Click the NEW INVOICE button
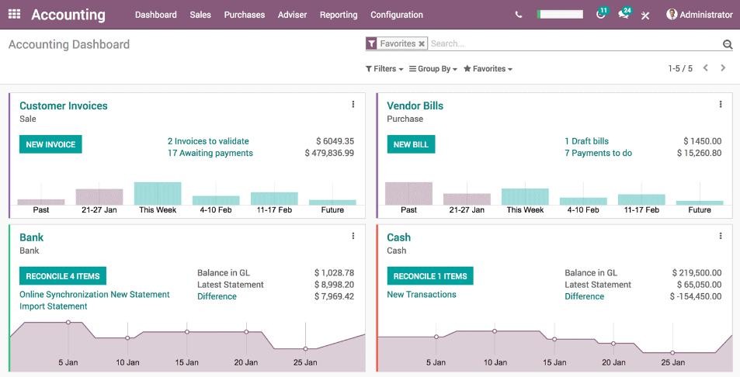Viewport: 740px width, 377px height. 50,144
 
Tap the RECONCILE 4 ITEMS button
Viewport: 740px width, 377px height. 63,276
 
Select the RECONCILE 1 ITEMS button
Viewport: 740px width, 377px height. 430,276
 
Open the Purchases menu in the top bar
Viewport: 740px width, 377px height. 245,15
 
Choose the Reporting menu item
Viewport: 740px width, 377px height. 339,15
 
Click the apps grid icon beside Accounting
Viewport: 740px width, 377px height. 15,15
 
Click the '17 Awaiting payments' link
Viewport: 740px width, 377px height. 210,154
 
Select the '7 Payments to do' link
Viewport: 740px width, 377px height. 598,154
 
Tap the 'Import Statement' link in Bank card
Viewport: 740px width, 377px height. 54,306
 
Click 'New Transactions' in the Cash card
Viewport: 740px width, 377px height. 422,295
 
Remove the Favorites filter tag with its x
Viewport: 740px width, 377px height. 422,44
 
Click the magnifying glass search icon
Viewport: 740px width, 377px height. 728,45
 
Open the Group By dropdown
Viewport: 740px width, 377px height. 433,69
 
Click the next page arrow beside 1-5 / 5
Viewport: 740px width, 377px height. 723,68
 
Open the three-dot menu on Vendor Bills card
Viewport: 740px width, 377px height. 721,105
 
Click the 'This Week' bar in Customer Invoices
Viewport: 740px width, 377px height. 158,193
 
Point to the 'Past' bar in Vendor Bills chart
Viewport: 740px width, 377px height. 408,193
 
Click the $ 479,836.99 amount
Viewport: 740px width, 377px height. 329,154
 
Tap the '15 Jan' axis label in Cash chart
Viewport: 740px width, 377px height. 554,362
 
